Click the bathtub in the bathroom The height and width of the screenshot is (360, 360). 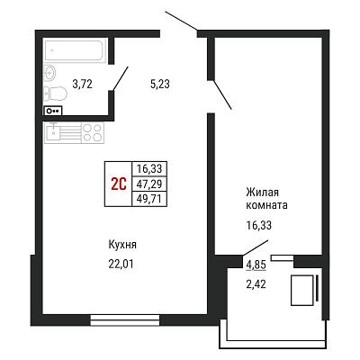tap(75, 50)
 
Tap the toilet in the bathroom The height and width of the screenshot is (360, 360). tap(55, 94)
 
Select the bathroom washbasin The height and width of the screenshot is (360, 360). tap(49, 73)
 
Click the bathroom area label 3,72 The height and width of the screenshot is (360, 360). tap(82, 84)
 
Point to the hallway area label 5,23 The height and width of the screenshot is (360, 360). tap(160, 84)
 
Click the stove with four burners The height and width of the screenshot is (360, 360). tap(93, 132)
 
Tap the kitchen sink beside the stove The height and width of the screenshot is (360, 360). tap(53, 132)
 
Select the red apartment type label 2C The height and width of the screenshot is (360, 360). tap(119, 184)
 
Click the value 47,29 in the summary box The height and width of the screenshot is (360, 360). tap(149, 184)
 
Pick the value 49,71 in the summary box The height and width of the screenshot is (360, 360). tap(149, 199)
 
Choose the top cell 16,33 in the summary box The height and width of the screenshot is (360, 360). tap(149, 168)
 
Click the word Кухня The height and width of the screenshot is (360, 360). tap(122, 245)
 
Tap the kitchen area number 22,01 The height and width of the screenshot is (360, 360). tap(121, 264)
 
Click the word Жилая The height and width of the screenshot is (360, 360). tap(263, 192)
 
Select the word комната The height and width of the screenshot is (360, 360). tap(266, 205)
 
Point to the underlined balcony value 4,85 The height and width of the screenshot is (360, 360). tap(256, 265)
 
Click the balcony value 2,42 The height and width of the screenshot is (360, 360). tap(256, 283)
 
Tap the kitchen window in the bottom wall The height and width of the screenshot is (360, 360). tap(125, 320)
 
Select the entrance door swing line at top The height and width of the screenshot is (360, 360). tap(181, 21)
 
